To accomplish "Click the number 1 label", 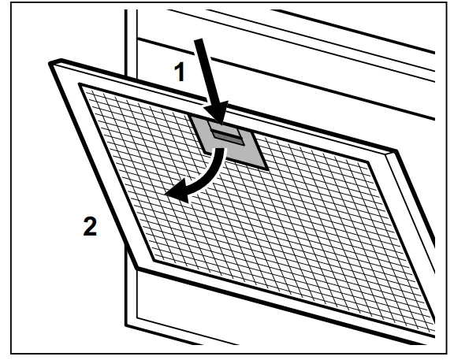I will coord(180,72).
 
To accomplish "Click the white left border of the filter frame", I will coord(101,165).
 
